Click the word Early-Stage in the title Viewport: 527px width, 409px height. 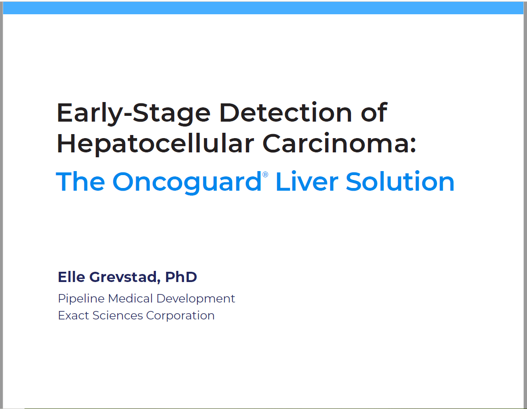coord(134,114)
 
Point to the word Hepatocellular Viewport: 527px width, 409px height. coord(155,143)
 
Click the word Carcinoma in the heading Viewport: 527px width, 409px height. coord(335,143)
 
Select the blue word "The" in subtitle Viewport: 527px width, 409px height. coord(80,181)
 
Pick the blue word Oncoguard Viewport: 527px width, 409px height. coord(187,183)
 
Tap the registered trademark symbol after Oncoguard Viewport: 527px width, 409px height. coord(265,174)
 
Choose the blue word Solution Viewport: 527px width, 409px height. coord(400,181)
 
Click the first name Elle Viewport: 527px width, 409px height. coord(72,277)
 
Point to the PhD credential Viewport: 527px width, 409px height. coord(181,277)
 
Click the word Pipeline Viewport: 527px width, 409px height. coord(82,299)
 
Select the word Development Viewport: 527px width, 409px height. coord(196,299)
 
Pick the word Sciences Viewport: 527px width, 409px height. coord(118,315)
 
